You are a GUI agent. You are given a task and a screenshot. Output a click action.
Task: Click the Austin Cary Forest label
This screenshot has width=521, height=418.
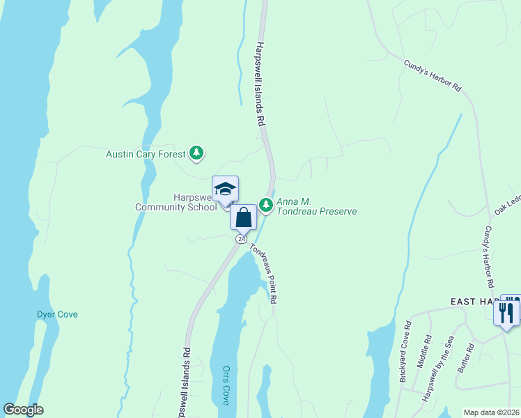click(x=145, y=154)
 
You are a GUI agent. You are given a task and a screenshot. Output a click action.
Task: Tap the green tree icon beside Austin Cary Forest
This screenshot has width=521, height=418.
click(x=197, y=153)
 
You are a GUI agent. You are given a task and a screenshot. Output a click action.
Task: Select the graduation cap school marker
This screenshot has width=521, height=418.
click(x=225, y=189)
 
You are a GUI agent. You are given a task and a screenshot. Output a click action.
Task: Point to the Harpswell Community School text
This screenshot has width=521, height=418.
click(x=176, y=202)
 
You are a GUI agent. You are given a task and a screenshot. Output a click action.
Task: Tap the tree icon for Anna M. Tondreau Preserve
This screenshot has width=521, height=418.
click(x=265, y=204)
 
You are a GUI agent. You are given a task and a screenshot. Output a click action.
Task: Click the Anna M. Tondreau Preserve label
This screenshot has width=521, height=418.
click(x=316, y=207)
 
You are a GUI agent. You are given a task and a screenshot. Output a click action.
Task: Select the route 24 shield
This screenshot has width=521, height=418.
click(x=241, y=238)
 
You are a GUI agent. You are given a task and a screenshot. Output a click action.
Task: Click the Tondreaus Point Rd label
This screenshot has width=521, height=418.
click(x=265, y=272)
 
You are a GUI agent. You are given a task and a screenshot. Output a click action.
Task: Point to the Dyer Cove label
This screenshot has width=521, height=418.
click(x=57, y=314)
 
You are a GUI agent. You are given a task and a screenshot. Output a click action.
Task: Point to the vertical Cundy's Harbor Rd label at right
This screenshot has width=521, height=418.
click(x=488, y=258)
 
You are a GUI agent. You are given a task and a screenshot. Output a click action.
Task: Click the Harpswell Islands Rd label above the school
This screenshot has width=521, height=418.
click(x=260, y=84)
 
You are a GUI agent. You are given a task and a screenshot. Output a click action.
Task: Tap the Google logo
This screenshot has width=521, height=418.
click(x=24, y=410)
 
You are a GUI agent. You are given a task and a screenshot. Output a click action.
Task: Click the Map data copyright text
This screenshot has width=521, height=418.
click(x=490, y=412)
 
